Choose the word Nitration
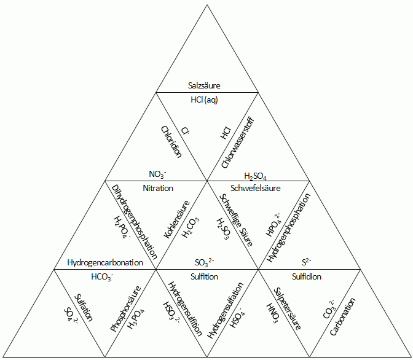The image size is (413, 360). [x=158, y=188]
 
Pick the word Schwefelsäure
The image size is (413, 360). [x=255, y=188]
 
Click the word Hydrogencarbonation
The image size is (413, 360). [x=105, y=263]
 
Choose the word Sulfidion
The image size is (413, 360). [x=307, y=276]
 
